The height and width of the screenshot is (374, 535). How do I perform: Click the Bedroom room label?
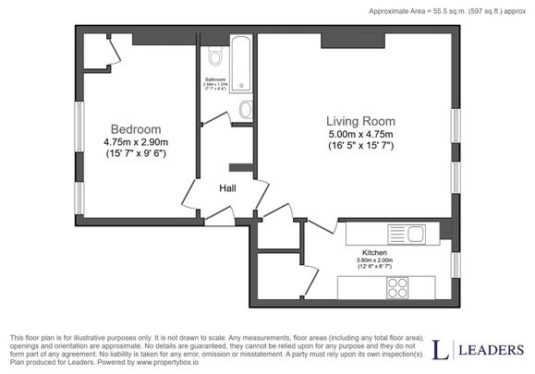[136, 129]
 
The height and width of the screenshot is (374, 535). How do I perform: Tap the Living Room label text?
[360, 121]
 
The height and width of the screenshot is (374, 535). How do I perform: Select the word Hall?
[227, 188]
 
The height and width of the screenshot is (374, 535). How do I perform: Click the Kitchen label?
[374, 252]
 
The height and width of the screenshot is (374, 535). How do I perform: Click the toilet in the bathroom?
[215, 58]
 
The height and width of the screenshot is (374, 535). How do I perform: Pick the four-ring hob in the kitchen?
[399, 286]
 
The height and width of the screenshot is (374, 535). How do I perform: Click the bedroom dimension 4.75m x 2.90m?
[136, 142]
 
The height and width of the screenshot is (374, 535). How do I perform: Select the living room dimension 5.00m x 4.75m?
[360, 134]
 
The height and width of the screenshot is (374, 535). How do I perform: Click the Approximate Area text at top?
[444, 12]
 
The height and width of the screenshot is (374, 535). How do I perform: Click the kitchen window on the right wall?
[455, 263]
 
